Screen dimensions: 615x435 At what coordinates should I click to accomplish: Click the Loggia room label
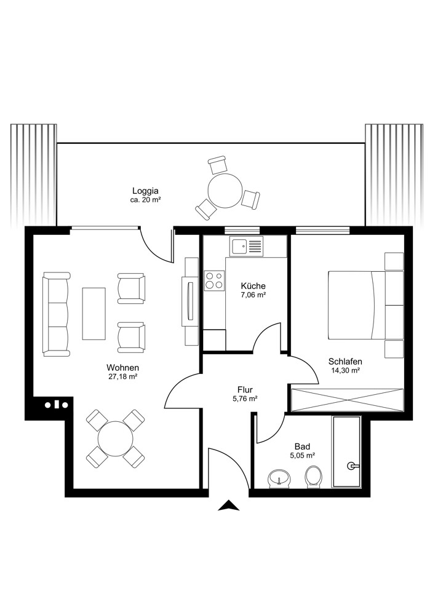point(145,191)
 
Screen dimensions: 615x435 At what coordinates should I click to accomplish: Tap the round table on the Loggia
point(225,191)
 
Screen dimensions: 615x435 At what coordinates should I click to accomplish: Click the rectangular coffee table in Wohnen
point(94,313)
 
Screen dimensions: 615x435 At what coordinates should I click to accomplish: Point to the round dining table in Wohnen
point(116,438)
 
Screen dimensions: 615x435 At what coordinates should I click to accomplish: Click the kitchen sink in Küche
point(246,247)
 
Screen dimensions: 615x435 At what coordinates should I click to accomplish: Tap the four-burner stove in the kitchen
point(215,280)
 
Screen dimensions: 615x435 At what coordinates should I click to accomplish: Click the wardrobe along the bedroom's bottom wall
point(347,400)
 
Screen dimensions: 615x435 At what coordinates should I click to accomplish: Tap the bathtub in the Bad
point(348,453)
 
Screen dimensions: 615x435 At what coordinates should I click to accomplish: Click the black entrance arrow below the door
point(229,506)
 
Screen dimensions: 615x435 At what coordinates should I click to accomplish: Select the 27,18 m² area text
point(123,377)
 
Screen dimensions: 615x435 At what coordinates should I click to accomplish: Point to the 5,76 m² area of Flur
point(244,399)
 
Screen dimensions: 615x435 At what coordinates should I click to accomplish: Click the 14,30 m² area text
point(345,371)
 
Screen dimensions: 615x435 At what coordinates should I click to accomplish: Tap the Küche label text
point(253,286)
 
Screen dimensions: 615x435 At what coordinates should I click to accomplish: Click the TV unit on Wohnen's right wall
point(190,300)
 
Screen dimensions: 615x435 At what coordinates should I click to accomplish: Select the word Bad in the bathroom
point(302,446)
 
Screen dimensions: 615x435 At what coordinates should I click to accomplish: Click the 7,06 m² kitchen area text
point(253,295)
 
